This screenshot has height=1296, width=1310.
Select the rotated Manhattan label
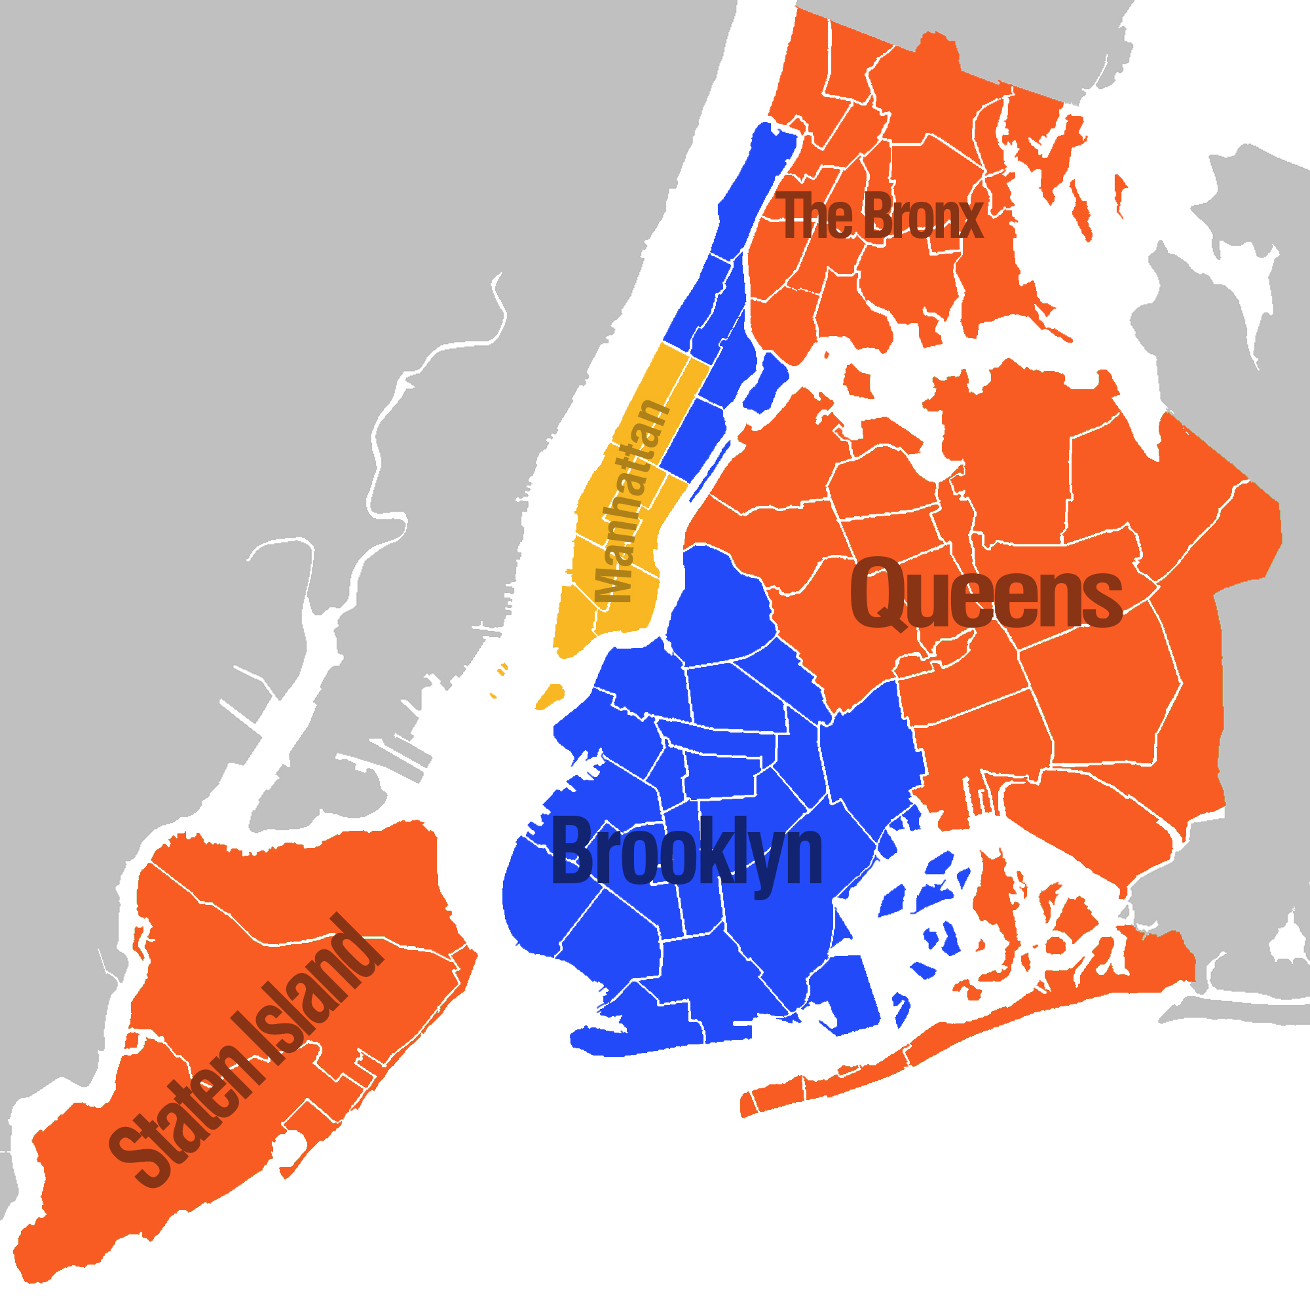click(630, 502)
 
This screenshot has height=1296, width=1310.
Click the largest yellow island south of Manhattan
click(550, 696)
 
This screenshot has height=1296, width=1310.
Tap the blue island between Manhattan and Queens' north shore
click(768, 382)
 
